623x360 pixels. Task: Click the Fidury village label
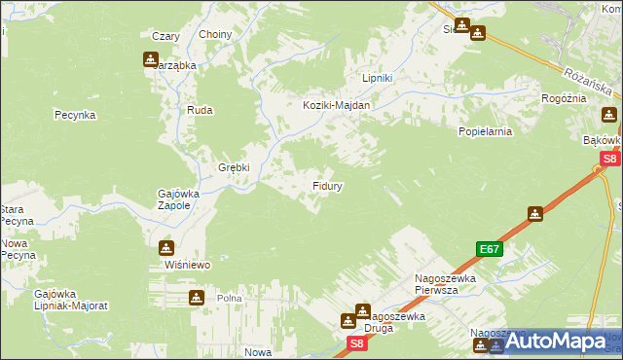point(326,184)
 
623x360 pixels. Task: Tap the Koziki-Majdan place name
point(337,106)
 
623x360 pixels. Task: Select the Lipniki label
point(377,79)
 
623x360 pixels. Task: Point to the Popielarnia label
point(485,129)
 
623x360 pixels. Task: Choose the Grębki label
point(234,166)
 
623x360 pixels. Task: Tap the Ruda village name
point(200,111)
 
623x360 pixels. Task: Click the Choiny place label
point(215,35)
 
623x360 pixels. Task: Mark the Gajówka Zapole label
point(178,199)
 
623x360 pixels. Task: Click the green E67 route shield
point(489,249)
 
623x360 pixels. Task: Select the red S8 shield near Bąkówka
point(609,159)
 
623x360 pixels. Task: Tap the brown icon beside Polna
point(197,297)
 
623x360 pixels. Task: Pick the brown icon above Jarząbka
point(151,58)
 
